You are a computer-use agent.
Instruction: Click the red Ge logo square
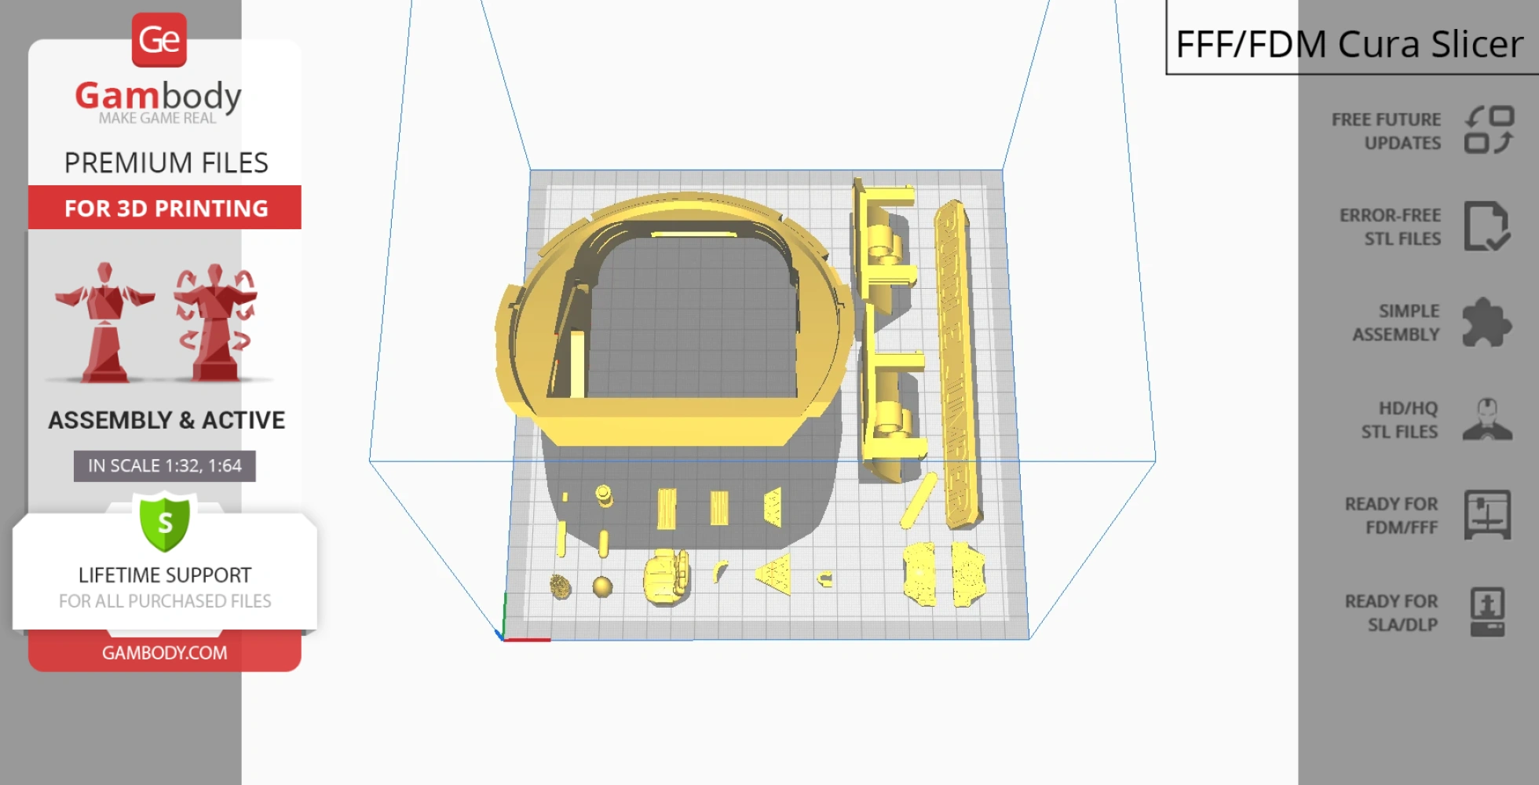pos(159,40)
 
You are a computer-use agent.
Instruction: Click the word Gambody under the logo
pos(158,96)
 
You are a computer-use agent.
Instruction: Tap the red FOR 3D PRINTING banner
pos(165,207)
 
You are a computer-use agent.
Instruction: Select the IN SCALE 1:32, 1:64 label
pos(165,466)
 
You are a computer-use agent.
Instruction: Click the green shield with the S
pos(165,521)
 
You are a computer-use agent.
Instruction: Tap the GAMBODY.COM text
pos(165,652)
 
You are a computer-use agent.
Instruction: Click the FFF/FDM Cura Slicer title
pos(1349,44)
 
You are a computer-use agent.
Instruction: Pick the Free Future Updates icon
pos(1490,130)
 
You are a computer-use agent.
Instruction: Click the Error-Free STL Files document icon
pos(1487,226)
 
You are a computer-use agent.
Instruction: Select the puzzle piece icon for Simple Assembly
pos(1486,323)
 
